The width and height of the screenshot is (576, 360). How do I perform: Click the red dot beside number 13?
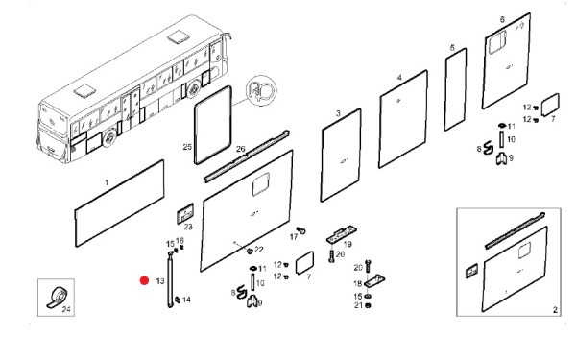point(144,281)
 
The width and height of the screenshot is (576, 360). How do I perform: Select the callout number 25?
point(187,147)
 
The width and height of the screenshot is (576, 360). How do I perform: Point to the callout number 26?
point(241,149)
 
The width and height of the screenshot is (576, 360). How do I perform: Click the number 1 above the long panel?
point(107,182)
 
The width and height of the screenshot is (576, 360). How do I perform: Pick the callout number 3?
point(338,114)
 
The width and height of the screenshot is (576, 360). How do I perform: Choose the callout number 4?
point(399,78)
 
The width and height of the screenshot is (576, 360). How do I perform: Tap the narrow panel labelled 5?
point(455,89)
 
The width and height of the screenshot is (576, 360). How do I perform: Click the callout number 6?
point(502,19)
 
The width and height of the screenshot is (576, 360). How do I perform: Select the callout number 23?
point(188,227)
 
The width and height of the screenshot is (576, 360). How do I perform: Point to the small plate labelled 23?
point(185,213)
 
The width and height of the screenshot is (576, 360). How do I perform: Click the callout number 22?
point(259,250)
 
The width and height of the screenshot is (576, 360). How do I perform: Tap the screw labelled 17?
point(301,230)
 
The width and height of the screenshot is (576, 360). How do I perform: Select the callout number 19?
point(348,244)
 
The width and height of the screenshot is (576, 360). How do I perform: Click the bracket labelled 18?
point(374,281)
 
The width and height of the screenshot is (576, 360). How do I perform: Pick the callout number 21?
point(358,305)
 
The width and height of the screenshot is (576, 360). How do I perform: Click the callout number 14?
point(186,300)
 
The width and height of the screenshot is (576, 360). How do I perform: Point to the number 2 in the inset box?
point(555,310)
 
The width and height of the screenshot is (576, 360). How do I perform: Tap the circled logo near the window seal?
point(261,90)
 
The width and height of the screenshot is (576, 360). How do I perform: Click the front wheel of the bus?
point(108,138)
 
